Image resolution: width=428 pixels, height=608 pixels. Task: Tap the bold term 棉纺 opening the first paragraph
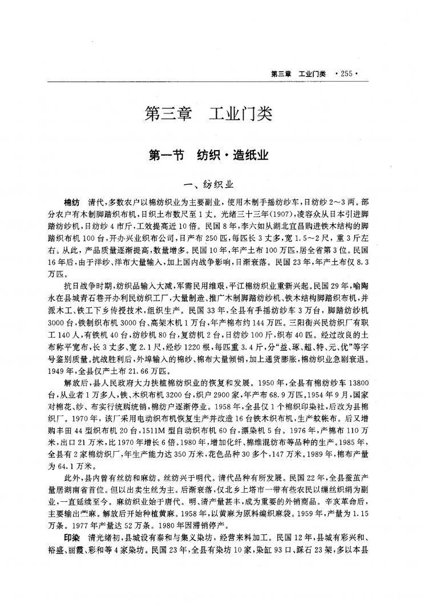72,202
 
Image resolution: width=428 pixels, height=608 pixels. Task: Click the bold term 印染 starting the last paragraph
72,539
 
